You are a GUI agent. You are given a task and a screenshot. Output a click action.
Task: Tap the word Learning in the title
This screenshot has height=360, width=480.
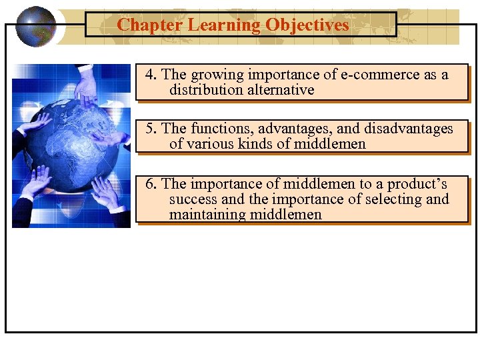[x=224, y=25]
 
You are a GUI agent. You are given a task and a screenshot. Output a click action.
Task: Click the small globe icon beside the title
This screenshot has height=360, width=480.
[x=36, y=27]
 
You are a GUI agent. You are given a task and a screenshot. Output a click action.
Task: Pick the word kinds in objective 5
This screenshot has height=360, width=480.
[x=271, y=144]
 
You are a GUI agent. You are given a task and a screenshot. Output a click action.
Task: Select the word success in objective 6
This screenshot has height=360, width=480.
[x=193, y=199]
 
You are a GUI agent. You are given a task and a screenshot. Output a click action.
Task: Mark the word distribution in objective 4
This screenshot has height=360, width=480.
[x=200, y=90]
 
